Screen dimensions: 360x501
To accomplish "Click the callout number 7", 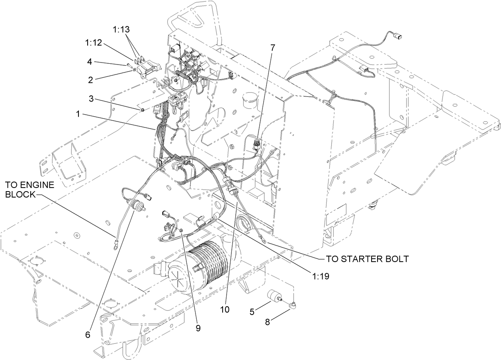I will [272, 47].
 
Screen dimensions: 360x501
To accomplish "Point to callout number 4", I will [90, 62].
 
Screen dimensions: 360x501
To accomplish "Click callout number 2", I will [90, 80].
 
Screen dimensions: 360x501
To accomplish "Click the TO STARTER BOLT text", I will [367, 259].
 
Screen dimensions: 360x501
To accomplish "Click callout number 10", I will [225, 309].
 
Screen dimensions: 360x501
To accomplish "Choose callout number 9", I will [198, 328].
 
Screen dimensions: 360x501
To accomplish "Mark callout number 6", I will [88, 335].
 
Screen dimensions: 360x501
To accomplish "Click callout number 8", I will [268, 322].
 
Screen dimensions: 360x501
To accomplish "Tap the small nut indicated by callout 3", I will [141, 110].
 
